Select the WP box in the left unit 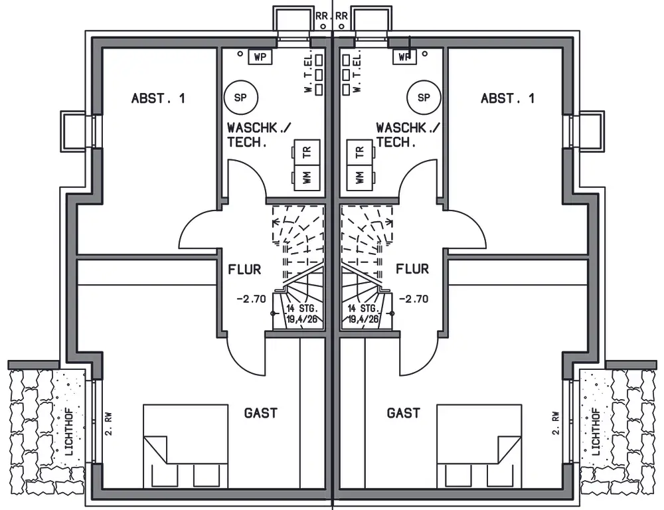click(x=260, y=56)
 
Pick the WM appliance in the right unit click(x=359, y=177)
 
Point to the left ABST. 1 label click(x=159, y=99)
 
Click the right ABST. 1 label click(x=507, y=99)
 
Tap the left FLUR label click(x=245, y=270)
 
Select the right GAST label click(x=403, y=413)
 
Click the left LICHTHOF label click(x=69, y=432)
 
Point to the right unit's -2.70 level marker click(x=413, y=299)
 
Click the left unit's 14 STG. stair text click(x=302, y=308)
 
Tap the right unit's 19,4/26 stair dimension click(x=363, y=319)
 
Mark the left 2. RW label click(x=108, y=424)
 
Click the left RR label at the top click(x=322, y=16)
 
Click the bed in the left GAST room click(x=185, y=446)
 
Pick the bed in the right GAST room click(x=479, y=446)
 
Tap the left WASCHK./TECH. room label click(x=259, y=135)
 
